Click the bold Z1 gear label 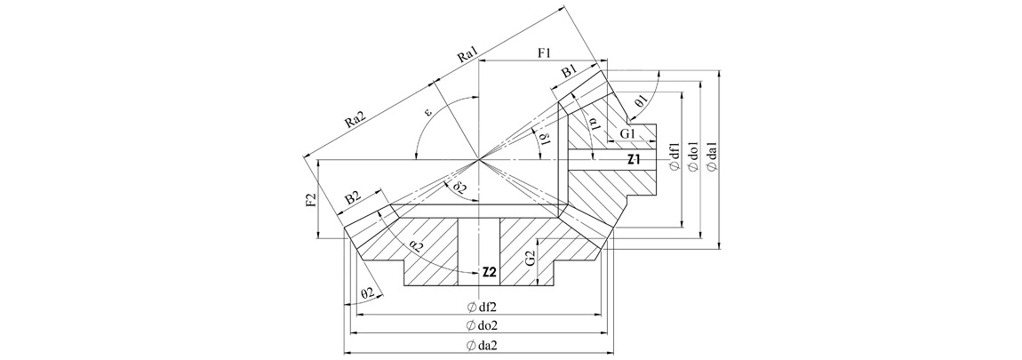pos(635,160)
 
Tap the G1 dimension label pos(629,133)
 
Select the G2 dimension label pos(529,260)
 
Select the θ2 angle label pos(367,292)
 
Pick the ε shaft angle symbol pos(427,113)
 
